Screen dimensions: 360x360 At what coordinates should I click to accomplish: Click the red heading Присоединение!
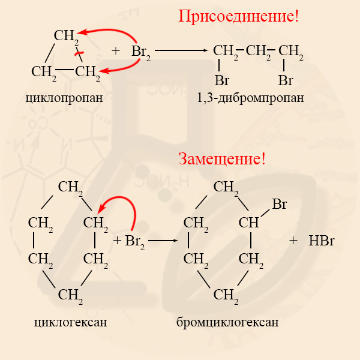click(x=238, y=16)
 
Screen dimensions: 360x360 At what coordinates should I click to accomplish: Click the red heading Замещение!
click(x=221, y=159)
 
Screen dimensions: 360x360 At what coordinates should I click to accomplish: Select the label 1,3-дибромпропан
click(x=250, y=97)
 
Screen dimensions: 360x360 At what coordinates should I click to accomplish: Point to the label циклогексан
click(x=71, y=322)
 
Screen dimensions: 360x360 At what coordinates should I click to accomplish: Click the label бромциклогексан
click(x=227, y=322)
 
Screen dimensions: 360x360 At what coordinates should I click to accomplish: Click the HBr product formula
click(x=321, y=241)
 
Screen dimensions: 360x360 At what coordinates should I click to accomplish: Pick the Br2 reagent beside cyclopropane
click(x=140, y=52)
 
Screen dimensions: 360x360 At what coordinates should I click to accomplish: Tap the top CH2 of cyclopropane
click(x=66, y=37)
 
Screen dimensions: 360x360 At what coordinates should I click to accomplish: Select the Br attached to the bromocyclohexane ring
click(x=279, y=205)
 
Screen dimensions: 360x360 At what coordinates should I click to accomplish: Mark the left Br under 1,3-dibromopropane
click(x=223, y=79)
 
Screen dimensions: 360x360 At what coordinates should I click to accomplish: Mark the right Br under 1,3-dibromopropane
click(x=286, y=79)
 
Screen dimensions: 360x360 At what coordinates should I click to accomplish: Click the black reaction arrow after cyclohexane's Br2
click(x=164, y=241)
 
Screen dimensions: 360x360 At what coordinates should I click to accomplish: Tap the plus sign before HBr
click(x=293, y=241)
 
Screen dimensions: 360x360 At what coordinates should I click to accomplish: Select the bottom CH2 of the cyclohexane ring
click(x=70, y=295)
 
